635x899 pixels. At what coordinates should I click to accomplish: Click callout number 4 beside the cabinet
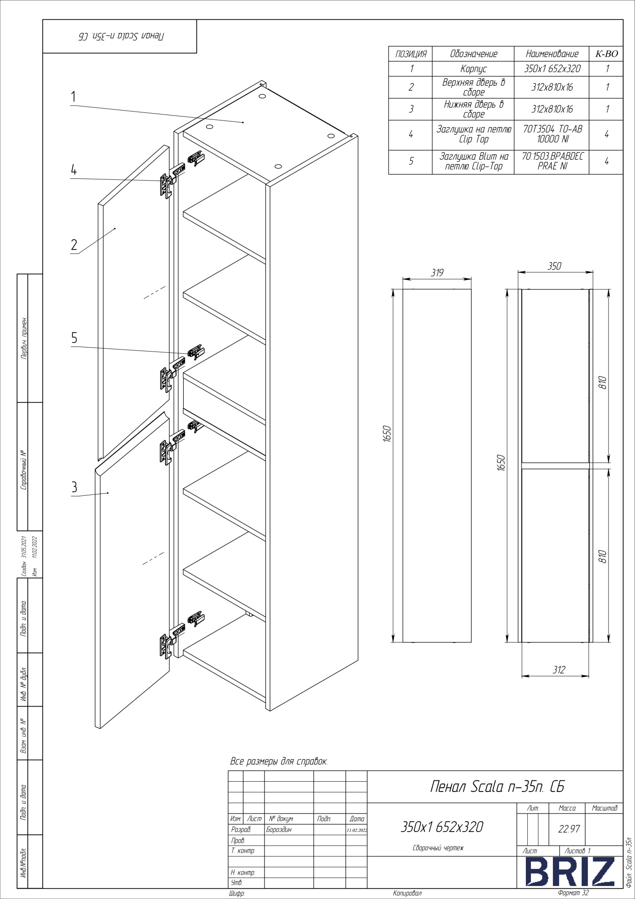74,170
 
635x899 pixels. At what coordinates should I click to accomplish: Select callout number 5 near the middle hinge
74,338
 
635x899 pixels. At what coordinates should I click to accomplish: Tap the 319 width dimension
437,273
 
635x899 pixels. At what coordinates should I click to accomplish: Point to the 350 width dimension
554,266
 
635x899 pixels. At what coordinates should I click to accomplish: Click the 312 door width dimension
559,670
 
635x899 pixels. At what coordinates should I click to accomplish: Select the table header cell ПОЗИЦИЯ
410,54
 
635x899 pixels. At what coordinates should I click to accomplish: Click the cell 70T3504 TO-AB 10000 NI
552,134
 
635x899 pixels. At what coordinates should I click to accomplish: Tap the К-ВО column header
606,54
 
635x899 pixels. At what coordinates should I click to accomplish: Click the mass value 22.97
569,829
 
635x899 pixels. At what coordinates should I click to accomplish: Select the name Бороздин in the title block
279,830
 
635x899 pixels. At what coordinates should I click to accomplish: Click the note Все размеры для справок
279,761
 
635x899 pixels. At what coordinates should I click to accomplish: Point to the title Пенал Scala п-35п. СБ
497,787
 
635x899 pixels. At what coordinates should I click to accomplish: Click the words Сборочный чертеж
438,848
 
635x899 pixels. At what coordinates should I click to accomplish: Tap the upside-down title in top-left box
119,36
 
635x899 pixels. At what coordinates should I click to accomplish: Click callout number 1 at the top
73,97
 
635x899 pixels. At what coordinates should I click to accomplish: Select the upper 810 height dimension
603,383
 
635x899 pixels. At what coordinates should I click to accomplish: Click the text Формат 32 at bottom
573,893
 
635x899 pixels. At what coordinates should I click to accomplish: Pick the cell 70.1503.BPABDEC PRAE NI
552,161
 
